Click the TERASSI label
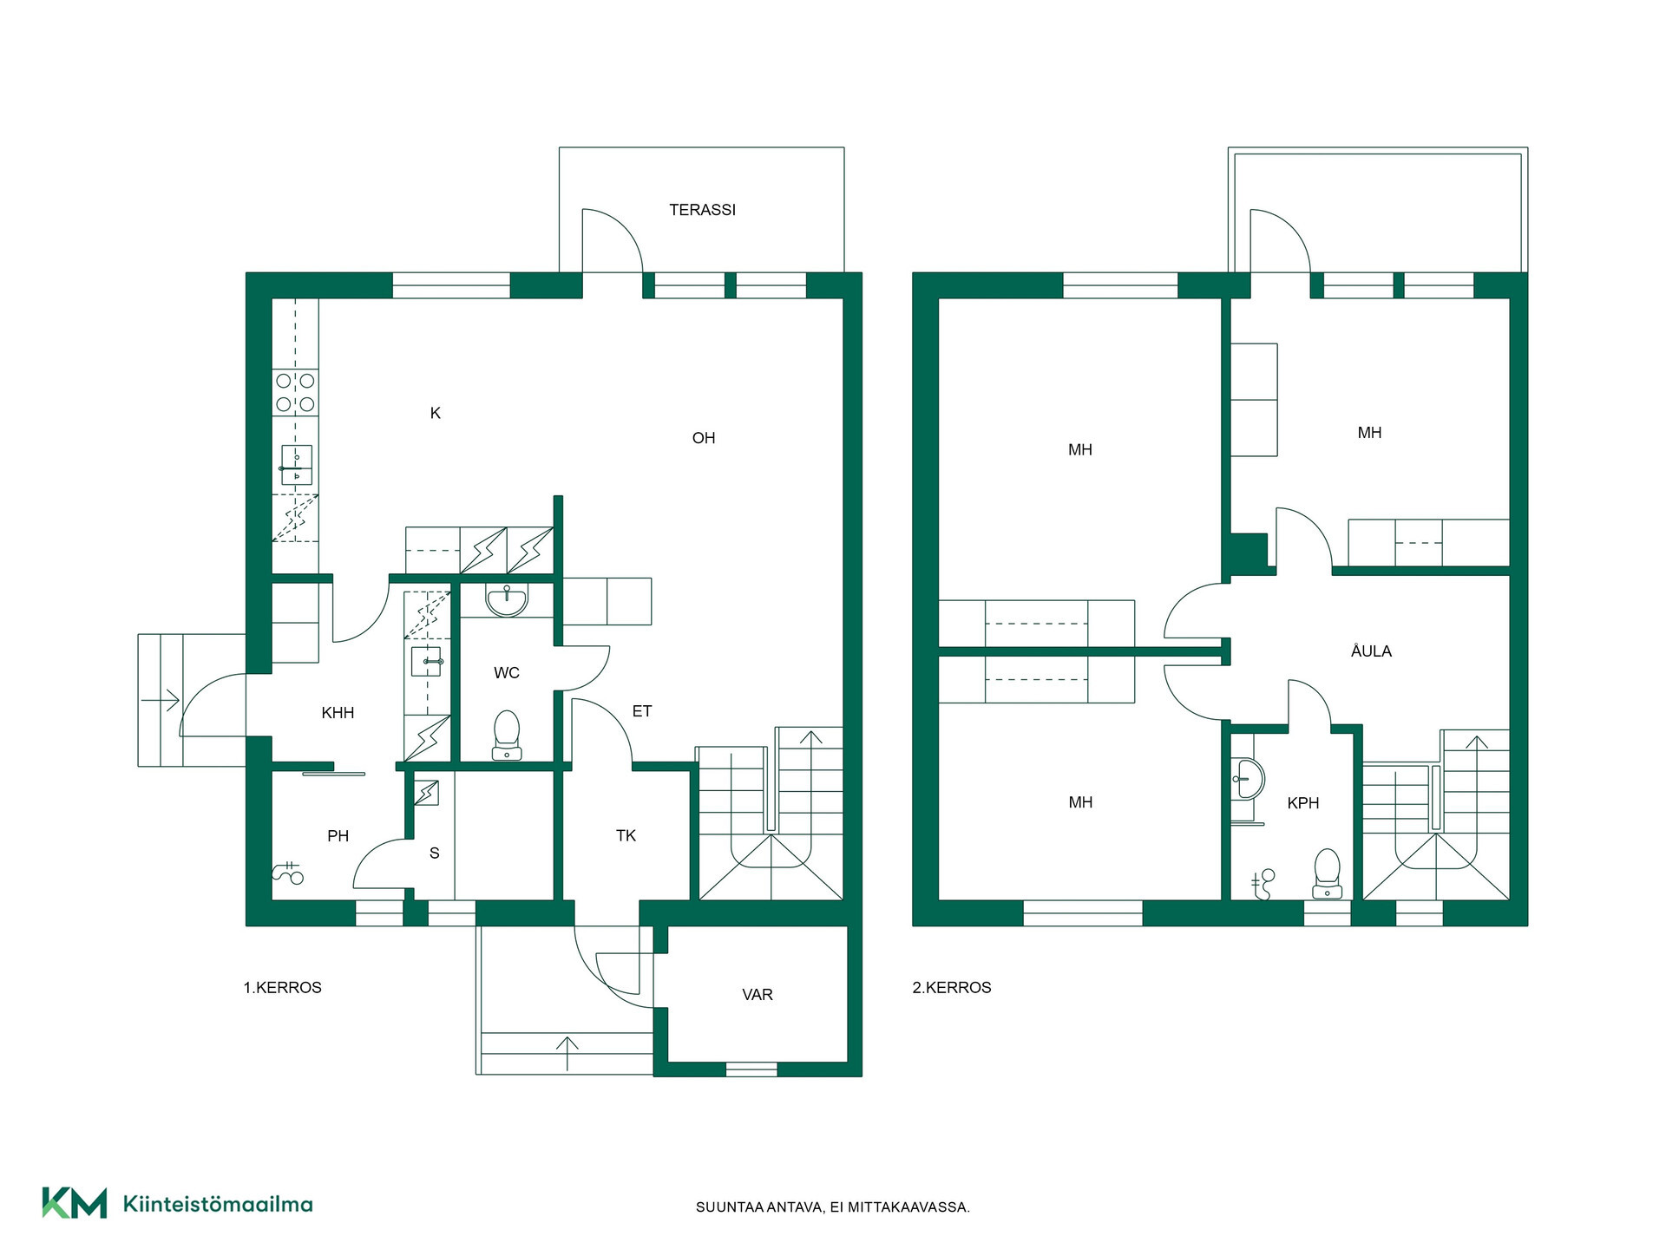click(x=702, y=210)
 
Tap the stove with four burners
click(x=295, y=392)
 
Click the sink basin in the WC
click(x=507, y=600)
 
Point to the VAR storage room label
click(x=758, y=995)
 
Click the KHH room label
click(x=338, y=713)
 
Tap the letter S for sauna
click(x=435, y=853)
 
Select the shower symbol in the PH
click(x=288, y=873)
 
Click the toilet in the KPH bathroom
click(x=1328, y=874)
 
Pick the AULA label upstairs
click(x=1371, y=651)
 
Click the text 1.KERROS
click(x=282, y=988)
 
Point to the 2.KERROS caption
click(x=952, y=988)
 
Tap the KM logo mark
click(x=75, y=1203)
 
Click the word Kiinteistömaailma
click(x=218, y=1204)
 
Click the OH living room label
click(x=704, y=439)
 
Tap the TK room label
click(x=626, y=836)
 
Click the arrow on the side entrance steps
click(x=160, y=699)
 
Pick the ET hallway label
click(x=642, y=711)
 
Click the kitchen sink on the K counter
click(x=296, y=465)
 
